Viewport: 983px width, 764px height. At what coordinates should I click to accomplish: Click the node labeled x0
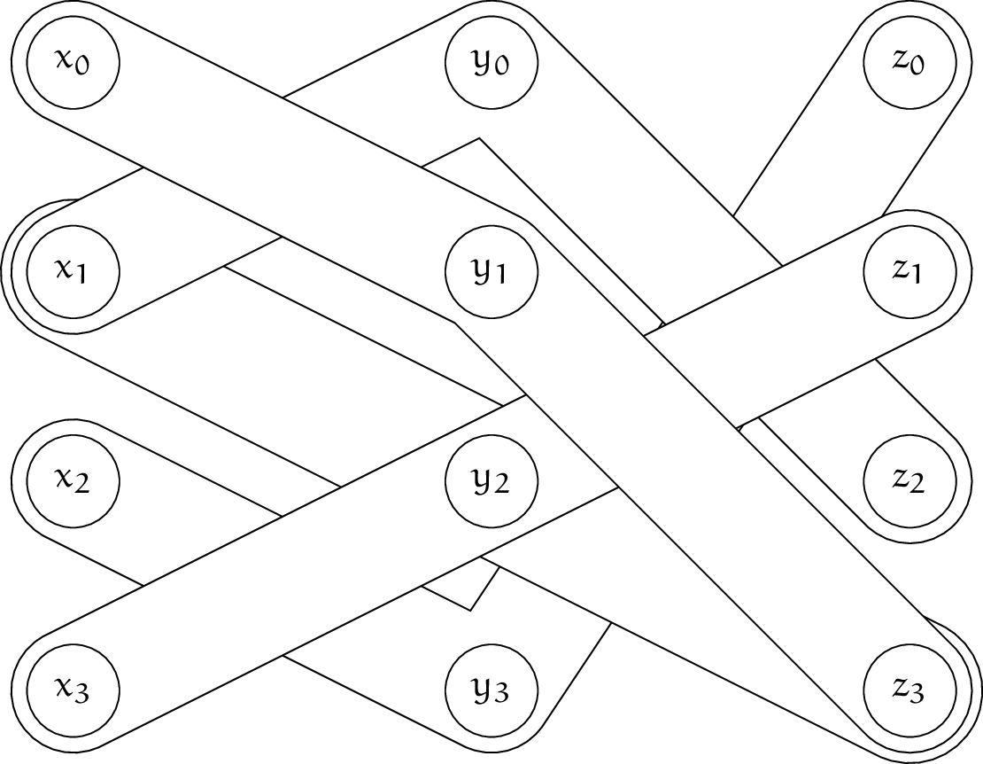74,62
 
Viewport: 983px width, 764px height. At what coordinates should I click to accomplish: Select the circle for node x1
74,270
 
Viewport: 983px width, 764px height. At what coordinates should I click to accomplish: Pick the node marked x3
74,688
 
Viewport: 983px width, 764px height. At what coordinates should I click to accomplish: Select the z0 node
909,62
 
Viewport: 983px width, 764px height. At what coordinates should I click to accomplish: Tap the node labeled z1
909,270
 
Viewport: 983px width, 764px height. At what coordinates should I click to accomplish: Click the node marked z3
909,688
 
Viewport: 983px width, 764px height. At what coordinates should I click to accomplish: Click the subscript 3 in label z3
917,694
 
